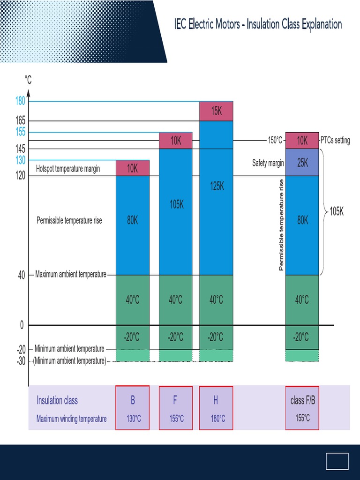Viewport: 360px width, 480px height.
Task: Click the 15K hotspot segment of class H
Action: [x=216, y=111]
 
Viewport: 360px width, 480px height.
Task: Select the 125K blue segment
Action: [x=216, y=197]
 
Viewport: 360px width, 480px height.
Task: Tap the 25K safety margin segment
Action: [x=302, y=163]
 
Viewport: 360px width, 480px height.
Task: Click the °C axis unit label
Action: [x=28, y=80]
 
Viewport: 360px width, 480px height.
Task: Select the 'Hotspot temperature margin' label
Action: [x=68, y=169]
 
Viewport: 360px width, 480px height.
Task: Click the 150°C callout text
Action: [x=275, y=140]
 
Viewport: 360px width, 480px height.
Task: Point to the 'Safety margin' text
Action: [x=268, y=163]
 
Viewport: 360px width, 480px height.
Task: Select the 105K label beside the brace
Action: [x=337, y=211]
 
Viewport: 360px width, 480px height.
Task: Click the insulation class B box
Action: [x=133, y=407]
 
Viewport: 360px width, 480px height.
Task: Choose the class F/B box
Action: [x=302, y=407]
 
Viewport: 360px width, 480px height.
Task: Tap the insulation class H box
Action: [x=216, y=407]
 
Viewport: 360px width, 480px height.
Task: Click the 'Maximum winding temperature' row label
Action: [x=71, y=419]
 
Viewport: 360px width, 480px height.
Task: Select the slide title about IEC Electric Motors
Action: [x=258, y=24]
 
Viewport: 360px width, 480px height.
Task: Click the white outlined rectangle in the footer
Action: [x=337, y=461]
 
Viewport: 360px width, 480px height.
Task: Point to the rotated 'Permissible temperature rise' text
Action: [x=281, y=225]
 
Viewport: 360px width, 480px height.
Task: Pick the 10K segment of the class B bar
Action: [x=133, y=168]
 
